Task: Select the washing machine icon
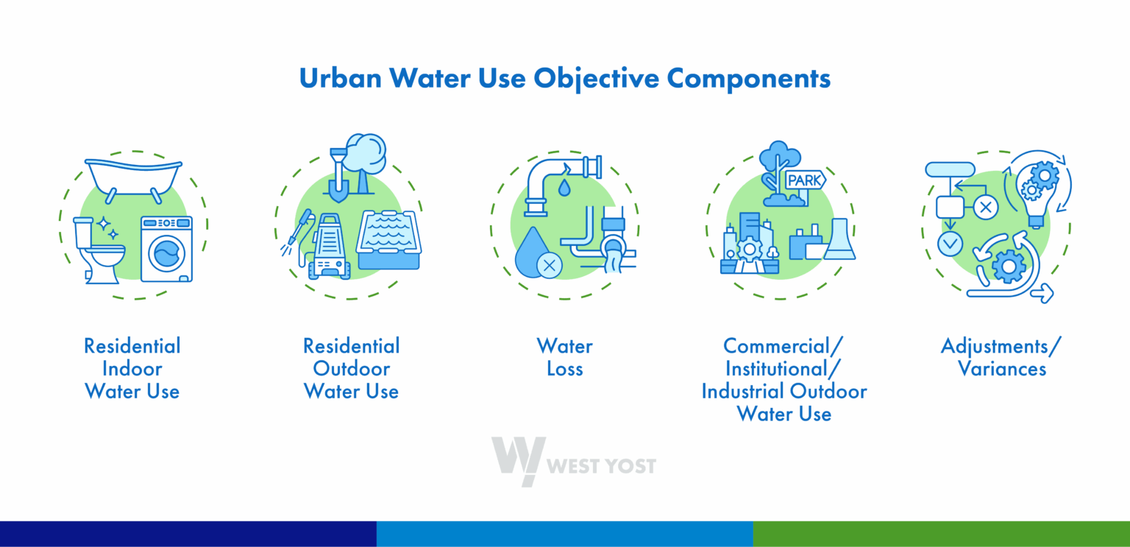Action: [x=166, y=249]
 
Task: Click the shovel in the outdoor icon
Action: [x=338, y=174]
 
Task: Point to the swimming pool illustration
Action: [x=388, y=240]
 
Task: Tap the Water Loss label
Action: [x=564, y=357]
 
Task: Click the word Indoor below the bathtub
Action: [x=132, y=368]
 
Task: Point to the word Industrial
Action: [x=744, y=391]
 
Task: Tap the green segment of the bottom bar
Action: [x=941, y=534]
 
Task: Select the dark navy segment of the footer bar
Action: [x=188, y=534]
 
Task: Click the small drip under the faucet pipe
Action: [x=564, y=188]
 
